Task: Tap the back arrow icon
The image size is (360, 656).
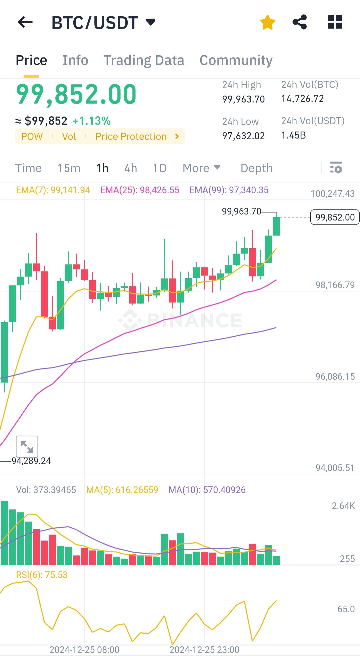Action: (x=25, y=22)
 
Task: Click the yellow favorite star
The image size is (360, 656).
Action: (x=267, y=22)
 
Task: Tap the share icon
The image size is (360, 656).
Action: (x=300, y=22)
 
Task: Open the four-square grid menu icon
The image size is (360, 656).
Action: (x=335, y=22)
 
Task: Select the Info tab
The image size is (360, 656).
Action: (x=75, y=60)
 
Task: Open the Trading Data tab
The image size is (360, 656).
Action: (x=144, y=60)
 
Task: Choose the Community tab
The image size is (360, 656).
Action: (x=236, y=60)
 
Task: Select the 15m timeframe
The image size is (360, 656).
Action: (x=69, y=168)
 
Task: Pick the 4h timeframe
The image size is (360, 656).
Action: (x=131, y=168)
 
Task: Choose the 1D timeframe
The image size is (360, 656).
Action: (x=160, y=168)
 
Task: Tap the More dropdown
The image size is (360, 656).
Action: (x=202, y=168)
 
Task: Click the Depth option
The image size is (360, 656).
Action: (x=257, y=168)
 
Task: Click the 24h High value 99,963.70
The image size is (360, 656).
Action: (x=244, y=99)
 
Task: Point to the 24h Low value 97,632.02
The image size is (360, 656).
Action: (x=244, y=136)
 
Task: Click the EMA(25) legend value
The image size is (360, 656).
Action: (x=140, y=190)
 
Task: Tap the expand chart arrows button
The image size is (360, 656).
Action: (x=27, y=446)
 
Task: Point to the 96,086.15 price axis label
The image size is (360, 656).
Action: (x=335, y=376)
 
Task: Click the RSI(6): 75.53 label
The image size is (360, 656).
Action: (x=42, y=575)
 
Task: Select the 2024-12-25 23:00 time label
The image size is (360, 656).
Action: (x=204, y=650)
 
